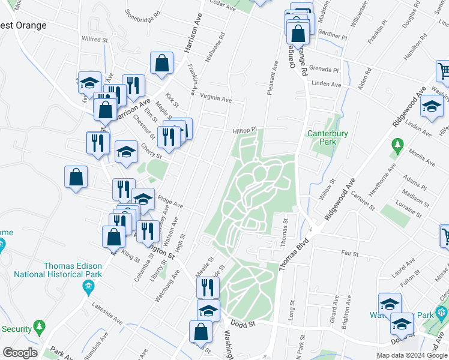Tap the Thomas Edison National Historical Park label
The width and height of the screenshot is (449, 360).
[73, 270]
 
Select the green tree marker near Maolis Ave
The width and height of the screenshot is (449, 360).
[397, 145]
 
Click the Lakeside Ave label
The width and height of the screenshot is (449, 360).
[107, 305]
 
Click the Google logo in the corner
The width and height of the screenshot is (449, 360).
[20, 353]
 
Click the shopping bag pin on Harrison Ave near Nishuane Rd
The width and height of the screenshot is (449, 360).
[162, 63]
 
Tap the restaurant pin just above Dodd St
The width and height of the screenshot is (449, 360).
[208, 287]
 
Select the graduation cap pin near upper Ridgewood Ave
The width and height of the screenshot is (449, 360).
[431, 107]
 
